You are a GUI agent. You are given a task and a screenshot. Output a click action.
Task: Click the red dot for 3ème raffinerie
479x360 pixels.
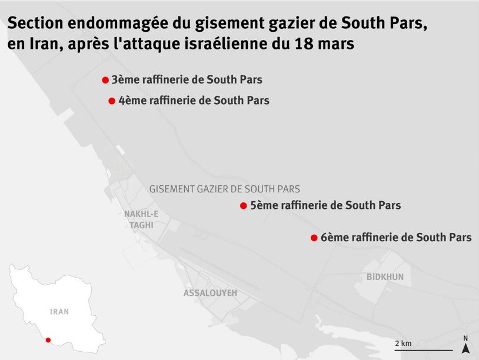coord(105,80)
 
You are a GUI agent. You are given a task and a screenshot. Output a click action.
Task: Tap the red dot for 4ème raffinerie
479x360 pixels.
coord(112,101)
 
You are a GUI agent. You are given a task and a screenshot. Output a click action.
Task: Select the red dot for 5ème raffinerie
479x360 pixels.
coord(243,206)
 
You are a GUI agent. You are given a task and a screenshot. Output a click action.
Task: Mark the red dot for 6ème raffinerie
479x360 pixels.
coord(314,238)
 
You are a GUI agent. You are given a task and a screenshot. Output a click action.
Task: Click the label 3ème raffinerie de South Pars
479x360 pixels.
coord(187,80)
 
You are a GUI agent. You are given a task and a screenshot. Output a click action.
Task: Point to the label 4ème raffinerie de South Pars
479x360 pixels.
coord(194,101)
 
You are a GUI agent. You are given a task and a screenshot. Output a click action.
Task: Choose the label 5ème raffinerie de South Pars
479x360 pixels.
coord(325,206)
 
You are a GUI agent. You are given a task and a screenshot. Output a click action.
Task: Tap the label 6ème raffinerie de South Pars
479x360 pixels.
coord(396,238)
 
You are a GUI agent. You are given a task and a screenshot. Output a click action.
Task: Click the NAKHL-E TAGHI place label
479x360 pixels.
coord(141,219)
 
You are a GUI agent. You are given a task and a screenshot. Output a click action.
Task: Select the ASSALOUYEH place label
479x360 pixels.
coord(210,293)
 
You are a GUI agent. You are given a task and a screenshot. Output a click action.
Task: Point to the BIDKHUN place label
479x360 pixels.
coord(385,276)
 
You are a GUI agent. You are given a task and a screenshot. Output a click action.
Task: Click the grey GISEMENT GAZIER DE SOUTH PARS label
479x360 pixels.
coord(225,189)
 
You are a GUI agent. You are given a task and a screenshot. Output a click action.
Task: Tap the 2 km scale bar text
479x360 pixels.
coord(403,343)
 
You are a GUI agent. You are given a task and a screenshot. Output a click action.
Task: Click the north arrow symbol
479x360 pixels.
coord(465,348)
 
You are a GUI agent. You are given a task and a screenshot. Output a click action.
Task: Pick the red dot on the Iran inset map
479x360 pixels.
coord(48,339)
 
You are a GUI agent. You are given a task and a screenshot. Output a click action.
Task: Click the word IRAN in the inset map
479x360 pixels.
coord(59,312)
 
